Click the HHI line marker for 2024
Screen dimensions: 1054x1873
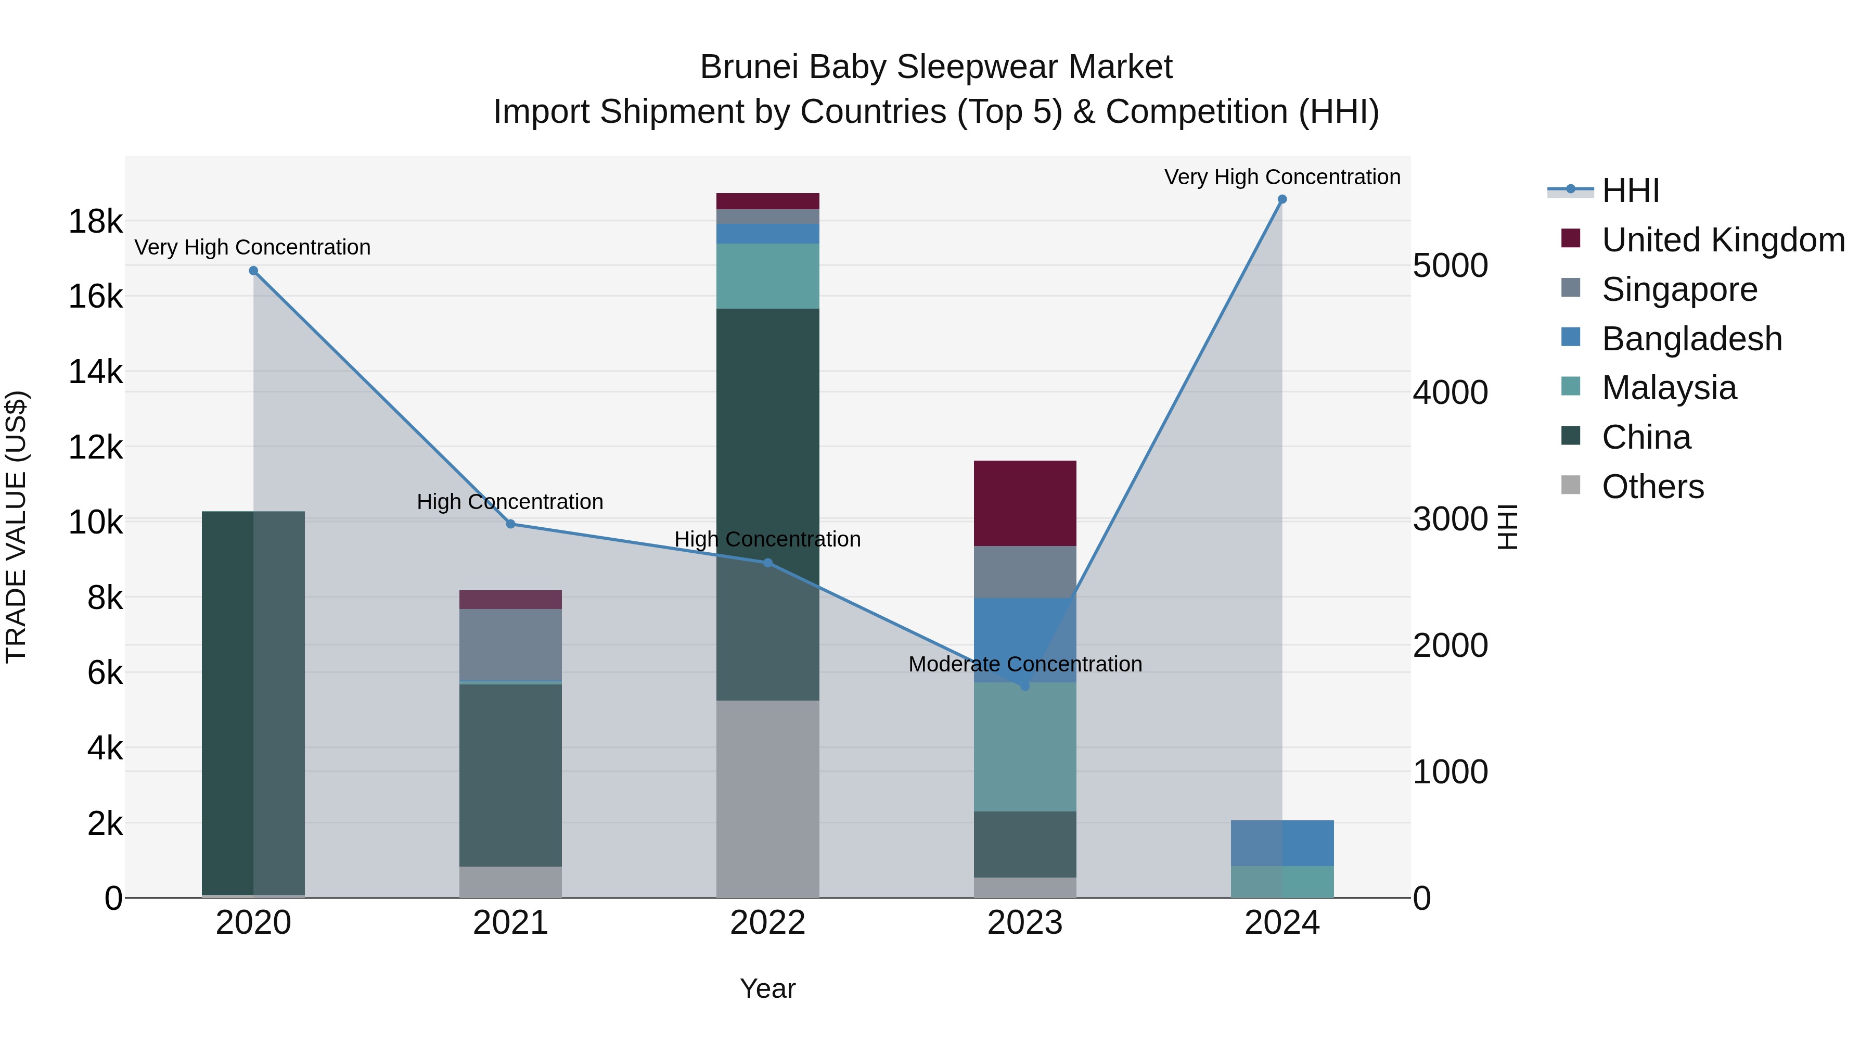1282,199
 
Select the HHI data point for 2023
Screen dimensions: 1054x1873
1025,686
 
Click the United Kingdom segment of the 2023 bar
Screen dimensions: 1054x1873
1025,503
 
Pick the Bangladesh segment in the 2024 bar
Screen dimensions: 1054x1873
1282,843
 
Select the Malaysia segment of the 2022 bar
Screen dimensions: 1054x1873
768,276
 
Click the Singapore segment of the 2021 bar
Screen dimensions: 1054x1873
510,644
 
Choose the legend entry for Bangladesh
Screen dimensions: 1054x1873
1691,339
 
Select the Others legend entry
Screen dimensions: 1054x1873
1652,487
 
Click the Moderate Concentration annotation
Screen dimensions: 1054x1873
1025,664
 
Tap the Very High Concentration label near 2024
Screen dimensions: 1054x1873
1282,177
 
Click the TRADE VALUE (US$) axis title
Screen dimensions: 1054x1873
17,527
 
